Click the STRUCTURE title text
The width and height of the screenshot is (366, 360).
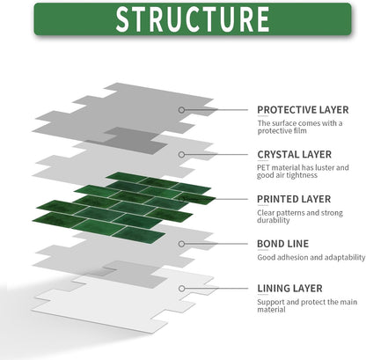click(x=193, y=19)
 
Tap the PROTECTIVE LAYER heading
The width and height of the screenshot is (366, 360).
click(x=303, y=110)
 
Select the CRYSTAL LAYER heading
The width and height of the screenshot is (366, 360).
click(x=295, y=155)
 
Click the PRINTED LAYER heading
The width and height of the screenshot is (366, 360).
click(x=294, y=199)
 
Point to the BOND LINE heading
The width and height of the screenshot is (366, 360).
click(x=282, y=244)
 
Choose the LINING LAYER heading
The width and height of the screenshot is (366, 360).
click(x=289, y=289)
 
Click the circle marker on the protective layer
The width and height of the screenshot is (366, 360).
click(x=181, y=110)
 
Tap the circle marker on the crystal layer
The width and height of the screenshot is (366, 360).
click(x=181, y=155)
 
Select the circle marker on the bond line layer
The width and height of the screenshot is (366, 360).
click(x=181, y=244)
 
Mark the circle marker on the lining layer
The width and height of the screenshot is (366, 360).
click(x=181, y=289)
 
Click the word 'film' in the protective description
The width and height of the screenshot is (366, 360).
click(x=300, y=131)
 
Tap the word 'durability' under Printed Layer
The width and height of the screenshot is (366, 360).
click(x=274, y=220)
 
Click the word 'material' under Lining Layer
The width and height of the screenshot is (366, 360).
click(x=271, y=310)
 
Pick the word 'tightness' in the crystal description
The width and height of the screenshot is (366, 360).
click(x=303, y=175)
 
